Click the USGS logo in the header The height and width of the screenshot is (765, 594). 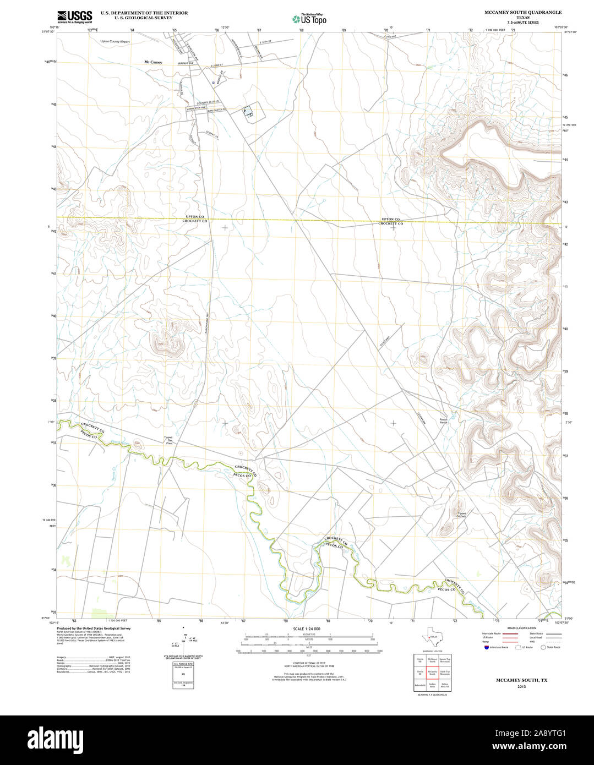click(x=74, y=16)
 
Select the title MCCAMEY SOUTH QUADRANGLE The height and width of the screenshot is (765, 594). click(x=515, y=12)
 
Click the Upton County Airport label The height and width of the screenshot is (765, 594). click(x=115, y=41)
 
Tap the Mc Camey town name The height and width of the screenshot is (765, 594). click(x=153, y=62)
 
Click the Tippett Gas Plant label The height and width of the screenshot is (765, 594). click(x=169, y=440)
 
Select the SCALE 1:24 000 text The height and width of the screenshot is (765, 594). click(x=307, y=629)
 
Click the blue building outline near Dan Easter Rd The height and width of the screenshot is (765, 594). click(x=249, y=113)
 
